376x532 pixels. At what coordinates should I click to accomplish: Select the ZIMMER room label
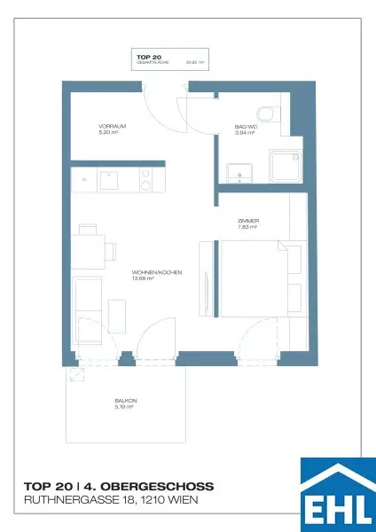(x=247, y=221)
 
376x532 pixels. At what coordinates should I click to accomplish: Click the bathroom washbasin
(x=235, y=170)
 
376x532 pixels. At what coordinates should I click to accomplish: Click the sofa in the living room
(x=87, y=304)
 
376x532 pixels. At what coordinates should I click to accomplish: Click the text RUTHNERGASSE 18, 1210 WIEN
(x=111, y=501)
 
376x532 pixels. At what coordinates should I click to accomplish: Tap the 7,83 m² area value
(x=247, y=227)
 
